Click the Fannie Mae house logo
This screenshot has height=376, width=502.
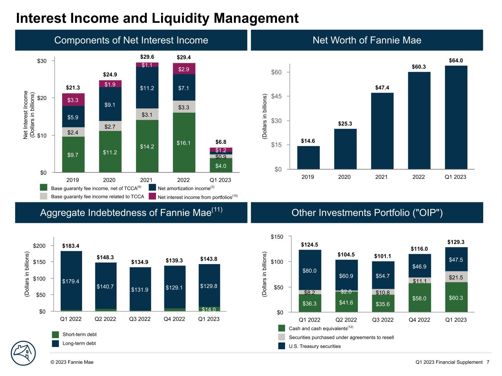pos(23,353)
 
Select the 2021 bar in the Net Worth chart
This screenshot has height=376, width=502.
pos(382,131)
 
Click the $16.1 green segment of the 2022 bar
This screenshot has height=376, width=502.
pos(184,142)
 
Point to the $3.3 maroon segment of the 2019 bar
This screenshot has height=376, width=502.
pos(73,100)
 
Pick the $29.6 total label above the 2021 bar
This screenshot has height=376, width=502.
pos(147,57)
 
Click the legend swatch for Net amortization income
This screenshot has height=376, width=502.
pos(153,188)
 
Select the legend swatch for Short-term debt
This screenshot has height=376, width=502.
pos(55,335)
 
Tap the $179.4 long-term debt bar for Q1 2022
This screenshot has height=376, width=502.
pos(71,281)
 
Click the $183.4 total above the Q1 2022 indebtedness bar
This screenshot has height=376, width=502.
pos(71,246)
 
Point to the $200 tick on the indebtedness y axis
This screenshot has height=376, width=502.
pos(39,246)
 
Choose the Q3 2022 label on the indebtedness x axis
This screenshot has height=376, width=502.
pos(140,319)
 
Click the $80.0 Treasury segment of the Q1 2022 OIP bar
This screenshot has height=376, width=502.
pos(309,271)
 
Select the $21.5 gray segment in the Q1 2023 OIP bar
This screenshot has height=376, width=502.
pos(456,277)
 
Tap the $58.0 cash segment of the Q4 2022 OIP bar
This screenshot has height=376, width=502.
pos(419,298)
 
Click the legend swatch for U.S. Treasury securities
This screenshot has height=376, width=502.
pos(282,346)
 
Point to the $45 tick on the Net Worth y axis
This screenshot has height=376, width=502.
pos(276,96)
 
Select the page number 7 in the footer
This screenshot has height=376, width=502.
pos(488,362)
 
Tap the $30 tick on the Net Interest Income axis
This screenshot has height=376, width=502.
pos(42,61)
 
